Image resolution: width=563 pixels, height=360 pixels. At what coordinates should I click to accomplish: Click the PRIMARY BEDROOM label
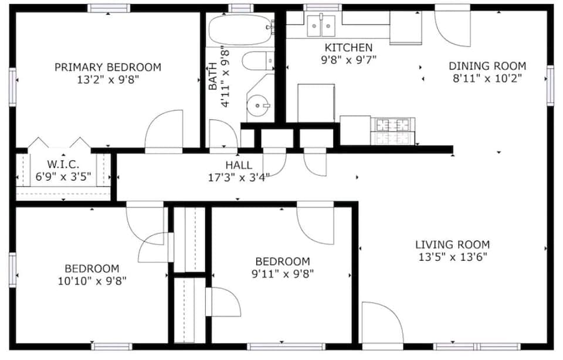[x=107, y=67]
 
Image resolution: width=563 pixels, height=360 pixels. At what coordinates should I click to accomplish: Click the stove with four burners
[x=392, y=130]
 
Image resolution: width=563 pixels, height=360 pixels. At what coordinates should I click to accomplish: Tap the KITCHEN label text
[x=348, y=47]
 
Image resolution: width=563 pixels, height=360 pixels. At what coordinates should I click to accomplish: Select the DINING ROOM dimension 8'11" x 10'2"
[x=487, y=77]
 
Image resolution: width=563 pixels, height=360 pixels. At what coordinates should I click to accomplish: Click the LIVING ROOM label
[x=452, y=244]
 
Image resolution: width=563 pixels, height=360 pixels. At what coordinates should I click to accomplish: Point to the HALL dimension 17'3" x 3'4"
[x=239, y=176]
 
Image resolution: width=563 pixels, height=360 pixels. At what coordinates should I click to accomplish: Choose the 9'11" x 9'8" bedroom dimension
[x=282, y=273]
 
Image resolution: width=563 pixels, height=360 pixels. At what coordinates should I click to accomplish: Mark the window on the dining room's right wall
[x=550, y=85]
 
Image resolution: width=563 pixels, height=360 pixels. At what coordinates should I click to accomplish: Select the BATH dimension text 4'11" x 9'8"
[x=224, y=79]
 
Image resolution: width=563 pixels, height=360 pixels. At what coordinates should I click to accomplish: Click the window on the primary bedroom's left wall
[x=13, y=87]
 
